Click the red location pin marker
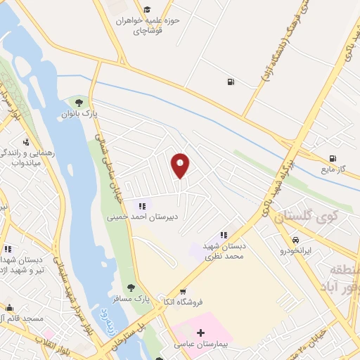[x=181, y=165]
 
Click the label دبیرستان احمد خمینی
[x=143, y=217]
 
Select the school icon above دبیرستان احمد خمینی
[x=142, y=206]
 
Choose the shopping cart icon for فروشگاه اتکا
[x=183, y=292]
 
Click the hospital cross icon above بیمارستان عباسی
[x=200, y=332]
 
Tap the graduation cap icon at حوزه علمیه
[x=147, y=9]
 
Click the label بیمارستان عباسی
[x=201, y=345]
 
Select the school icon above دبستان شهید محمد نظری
[x=223, y=235]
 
